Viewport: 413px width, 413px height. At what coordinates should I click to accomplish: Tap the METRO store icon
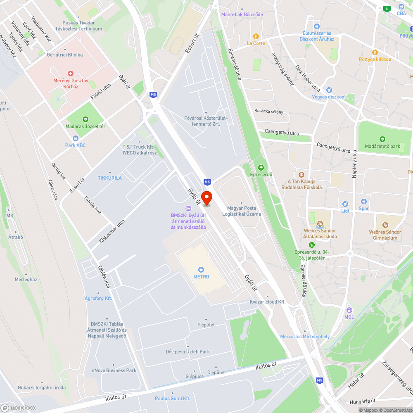[201, 269]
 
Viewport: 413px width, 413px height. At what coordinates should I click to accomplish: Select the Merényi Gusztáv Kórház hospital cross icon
[71, 73]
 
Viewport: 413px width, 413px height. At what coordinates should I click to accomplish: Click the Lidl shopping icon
[345, 204]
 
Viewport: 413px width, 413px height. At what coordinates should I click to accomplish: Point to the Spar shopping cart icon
[363, 202]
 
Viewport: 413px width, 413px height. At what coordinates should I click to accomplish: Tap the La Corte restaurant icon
[256, 36]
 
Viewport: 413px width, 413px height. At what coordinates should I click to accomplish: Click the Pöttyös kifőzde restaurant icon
[375, 52]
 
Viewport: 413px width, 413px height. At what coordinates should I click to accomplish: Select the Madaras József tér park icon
[85, 119]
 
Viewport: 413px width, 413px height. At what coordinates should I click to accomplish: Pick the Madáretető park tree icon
[382, 139]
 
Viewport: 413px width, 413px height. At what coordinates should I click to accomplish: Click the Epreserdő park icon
[261, 167]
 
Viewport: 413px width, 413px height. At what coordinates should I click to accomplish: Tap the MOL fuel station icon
[349, 310]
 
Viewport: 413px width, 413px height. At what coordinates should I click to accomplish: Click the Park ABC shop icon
[75, 138]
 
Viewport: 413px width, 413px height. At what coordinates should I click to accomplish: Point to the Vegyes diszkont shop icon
[329, 90]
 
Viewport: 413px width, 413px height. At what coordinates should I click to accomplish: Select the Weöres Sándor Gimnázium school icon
[385, 225]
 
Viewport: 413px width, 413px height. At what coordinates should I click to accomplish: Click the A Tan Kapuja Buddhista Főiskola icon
[301, 175]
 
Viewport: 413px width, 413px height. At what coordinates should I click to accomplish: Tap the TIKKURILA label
[109, 178]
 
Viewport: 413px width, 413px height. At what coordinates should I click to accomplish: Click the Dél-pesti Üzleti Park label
[188, 351]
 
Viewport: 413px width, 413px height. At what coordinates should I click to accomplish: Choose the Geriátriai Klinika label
[64, 55]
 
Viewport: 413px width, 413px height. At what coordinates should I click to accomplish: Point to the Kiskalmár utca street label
[112, 231]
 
